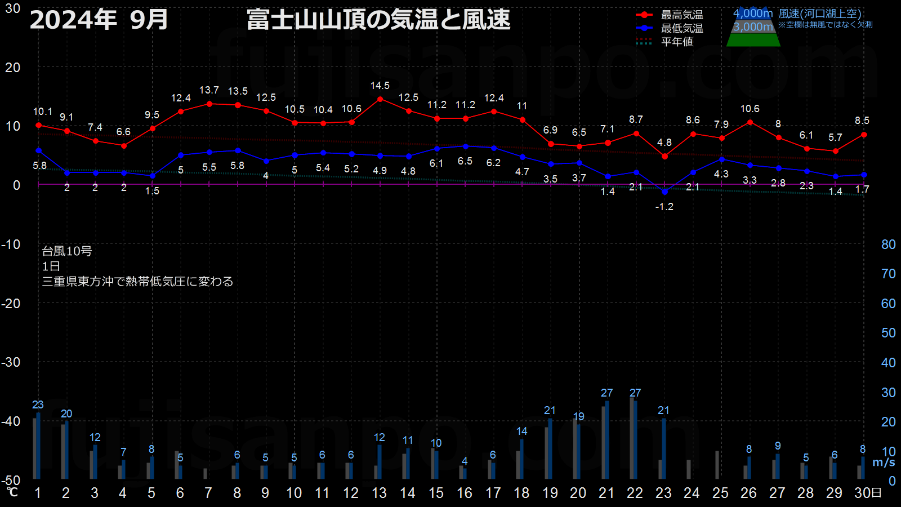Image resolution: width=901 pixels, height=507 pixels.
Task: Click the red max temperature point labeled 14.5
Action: [380, 99]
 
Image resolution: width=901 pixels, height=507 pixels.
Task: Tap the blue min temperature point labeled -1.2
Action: [665, 192]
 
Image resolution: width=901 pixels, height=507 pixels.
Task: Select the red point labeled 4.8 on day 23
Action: [665, 156]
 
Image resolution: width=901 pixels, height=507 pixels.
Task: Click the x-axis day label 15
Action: [436, 493]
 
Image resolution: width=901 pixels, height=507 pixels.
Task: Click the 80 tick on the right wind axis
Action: [888, 244]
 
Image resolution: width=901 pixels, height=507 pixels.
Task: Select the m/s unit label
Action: [884, 462]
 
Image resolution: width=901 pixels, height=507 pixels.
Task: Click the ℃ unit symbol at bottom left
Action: [12, 492]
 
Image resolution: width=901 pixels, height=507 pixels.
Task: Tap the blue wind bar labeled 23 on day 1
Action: [39, 446]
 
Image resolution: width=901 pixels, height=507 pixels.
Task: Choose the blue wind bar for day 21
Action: [607, 440]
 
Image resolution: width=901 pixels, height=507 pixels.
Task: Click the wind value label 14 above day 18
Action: [521, 432]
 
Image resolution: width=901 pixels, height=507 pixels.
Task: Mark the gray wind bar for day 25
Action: [717, 465]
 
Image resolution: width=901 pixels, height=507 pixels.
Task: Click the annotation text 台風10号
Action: [67, 251]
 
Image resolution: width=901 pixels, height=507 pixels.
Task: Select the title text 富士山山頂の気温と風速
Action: [378, 20]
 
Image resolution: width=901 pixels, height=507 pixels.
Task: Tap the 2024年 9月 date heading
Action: [99, 20]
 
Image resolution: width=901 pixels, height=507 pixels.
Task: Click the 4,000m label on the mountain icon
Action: [752, 14]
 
